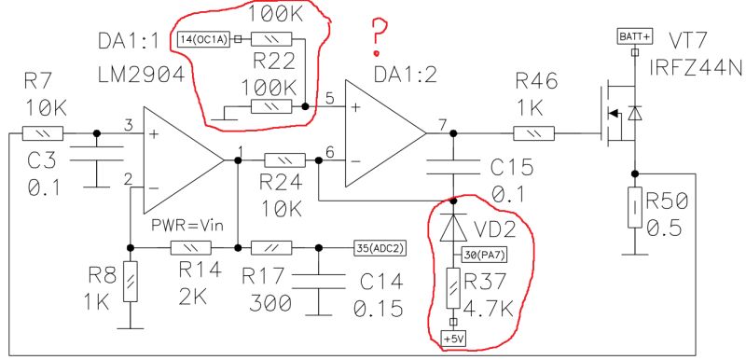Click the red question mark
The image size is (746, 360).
378,34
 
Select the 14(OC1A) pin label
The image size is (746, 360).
202,39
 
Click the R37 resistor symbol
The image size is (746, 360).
454,290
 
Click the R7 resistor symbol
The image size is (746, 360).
43,133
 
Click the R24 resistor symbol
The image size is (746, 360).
282,159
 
